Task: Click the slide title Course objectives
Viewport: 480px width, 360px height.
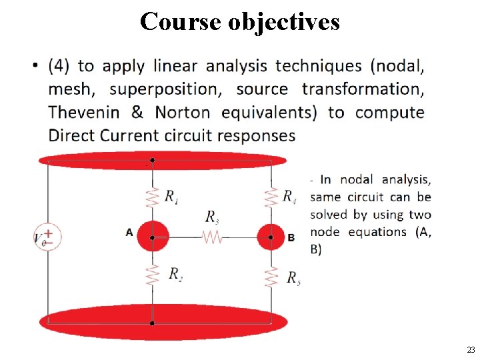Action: pyautogui.click(x=240, y=21)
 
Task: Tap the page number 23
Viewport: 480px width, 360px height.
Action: pyautogui.click(x=471, y=350)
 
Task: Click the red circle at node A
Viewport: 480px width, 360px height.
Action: pyautogui.click(x=153, y=237)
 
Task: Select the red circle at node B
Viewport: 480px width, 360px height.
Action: pyautogui.click(x=271, y=237)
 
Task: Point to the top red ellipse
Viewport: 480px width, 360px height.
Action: pyautogui.click(x=162, y=161)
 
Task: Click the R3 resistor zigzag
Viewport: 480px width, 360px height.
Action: pyautogui.click(x=211, y=237)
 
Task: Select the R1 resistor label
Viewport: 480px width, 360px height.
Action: pyautogui.click(x=172, y=196)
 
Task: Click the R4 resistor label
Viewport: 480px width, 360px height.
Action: pyautogui.click(x=289, y=195)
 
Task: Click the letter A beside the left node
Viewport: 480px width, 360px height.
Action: pyautogui.click(x=129, y=232)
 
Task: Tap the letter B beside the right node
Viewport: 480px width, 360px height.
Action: pyautogui.click(x=291, y=237)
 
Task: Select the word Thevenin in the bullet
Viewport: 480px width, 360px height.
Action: pyautogui.click(x=85, y=112)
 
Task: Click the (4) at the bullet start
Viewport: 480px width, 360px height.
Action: pyautogui.click(x=59, y=66)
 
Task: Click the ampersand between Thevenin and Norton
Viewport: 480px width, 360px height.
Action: pyautogui.click(x=137, y=112)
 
